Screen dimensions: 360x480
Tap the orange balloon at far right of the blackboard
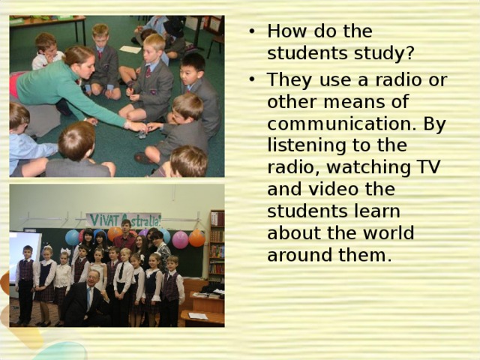[x=196, y=238]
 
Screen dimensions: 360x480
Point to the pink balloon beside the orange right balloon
[x=180, y=239]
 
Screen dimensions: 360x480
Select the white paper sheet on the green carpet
[x=130, y=49]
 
